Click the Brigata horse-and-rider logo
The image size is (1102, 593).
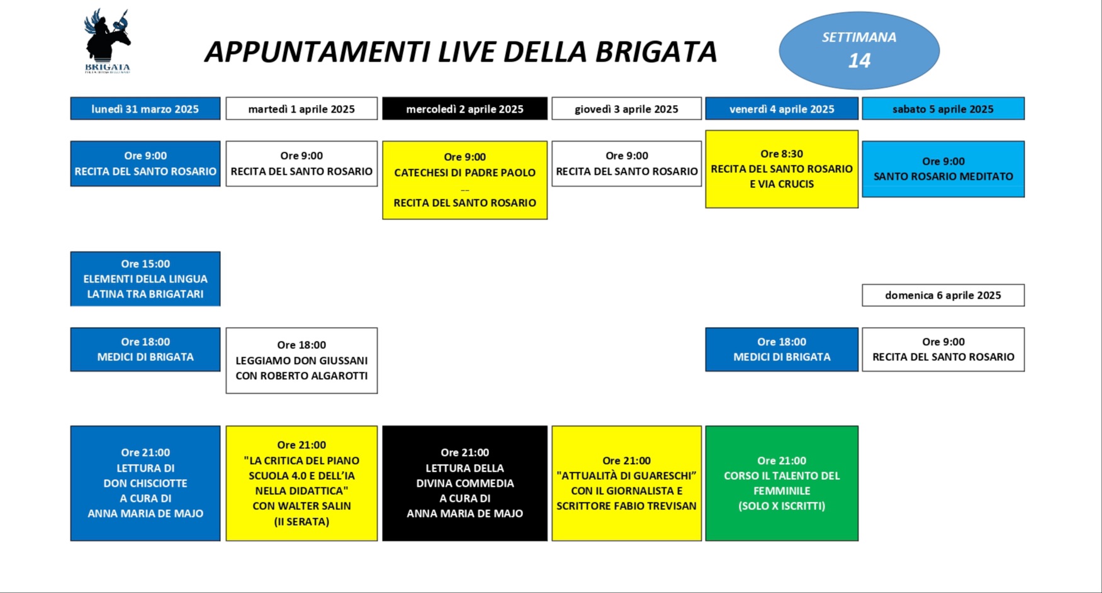108,42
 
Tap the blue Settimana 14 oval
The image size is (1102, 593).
859,50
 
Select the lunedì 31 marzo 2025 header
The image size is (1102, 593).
145,109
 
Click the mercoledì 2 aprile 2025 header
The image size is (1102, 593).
464,109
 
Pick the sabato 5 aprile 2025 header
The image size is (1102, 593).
943,109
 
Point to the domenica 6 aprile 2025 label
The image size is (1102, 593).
943,295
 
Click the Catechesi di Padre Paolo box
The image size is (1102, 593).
464,180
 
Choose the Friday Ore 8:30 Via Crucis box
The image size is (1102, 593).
782,169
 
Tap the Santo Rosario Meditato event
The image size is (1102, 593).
943,169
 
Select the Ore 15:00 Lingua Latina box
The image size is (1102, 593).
145,279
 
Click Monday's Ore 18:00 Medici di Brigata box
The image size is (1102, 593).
145,349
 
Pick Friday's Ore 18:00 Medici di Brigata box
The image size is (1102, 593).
782,349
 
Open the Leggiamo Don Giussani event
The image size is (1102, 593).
301,360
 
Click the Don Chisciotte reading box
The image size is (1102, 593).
145,483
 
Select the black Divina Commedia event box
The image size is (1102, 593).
464,483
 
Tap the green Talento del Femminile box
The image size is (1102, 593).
782,483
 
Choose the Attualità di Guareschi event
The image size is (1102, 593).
626,483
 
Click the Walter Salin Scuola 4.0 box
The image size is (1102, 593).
301,483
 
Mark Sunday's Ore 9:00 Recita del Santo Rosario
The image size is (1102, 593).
943,349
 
